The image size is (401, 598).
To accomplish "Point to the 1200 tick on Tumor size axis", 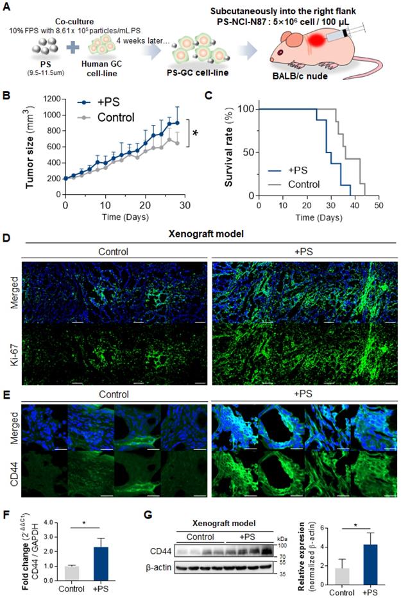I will pyautogui.click(x=53, y=99).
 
